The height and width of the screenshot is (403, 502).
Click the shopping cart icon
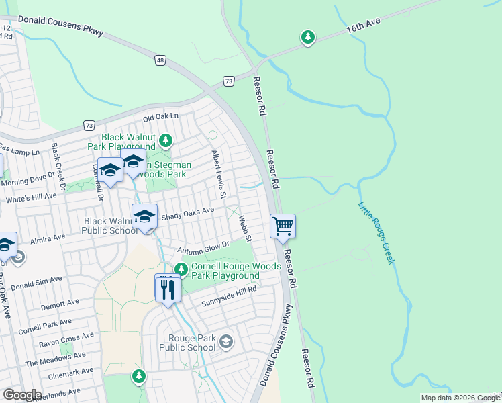point(283,226)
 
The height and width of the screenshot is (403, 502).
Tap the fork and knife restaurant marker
point(167,289)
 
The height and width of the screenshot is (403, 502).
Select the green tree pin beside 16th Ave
point(307,38)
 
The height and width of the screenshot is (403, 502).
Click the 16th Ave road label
point(363,27)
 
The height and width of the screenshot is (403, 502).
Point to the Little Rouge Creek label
point(376,232)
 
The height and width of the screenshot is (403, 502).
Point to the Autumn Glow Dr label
point(203,248)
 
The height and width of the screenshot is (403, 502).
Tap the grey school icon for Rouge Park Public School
point(226,343)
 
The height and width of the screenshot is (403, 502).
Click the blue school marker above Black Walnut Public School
point(144,216)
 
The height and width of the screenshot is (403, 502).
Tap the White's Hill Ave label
point(32,198)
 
